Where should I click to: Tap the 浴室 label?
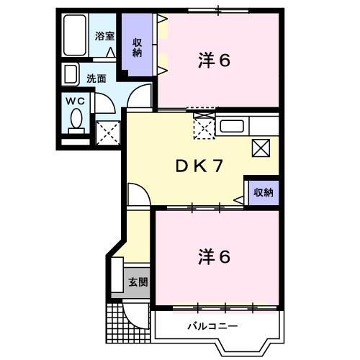[x=105, y=36]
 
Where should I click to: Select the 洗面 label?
[x=97, y=78]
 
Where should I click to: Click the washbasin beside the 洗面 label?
[x=71, y=75]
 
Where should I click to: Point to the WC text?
[x=76, y=102]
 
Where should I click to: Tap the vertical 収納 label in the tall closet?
[x=137, y=47]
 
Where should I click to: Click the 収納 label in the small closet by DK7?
[x=263, y=192]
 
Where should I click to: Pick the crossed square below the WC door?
[x=107, y=132]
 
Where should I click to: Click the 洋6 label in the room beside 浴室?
[x=215, y=61]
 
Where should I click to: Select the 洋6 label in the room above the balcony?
[x=215, y=256]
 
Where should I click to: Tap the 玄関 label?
[x=138, y=282]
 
